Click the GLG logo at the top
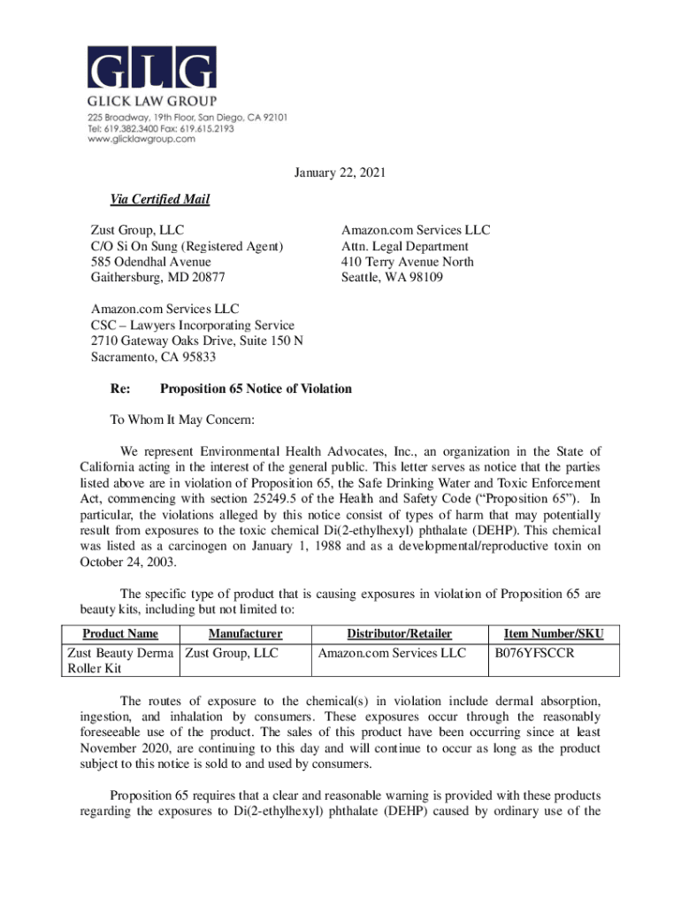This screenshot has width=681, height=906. pos(151,68)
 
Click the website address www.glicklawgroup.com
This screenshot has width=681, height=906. pos(141,139)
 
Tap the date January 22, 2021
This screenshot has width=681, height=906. pos(340,173)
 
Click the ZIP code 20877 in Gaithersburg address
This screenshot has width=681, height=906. pos(206,277)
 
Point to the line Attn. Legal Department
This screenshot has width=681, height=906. pos(405,246)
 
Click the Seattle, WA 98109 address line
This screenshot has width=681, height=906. pos(394,277)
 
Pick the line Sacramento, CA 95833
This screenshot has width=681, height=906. pos(154,357)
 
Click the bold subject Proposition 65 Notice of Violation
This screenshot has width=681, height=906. pos(256,389)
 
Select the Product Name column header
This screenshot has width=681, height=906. pos(120,633)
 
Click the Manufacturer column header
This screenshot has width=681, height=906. pos(245,633)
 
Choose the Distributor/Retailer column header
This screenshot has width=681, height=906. pos(399,633)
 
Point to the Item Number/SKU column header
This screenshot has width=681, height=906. pos(554,633)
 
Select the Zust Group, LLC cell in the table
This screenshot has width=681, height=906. pos(233,653)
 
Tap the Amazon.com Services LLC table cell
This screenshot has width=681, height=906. pos(392,653)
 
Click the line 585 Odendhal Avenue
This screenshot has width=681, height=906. pos(151,262)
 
